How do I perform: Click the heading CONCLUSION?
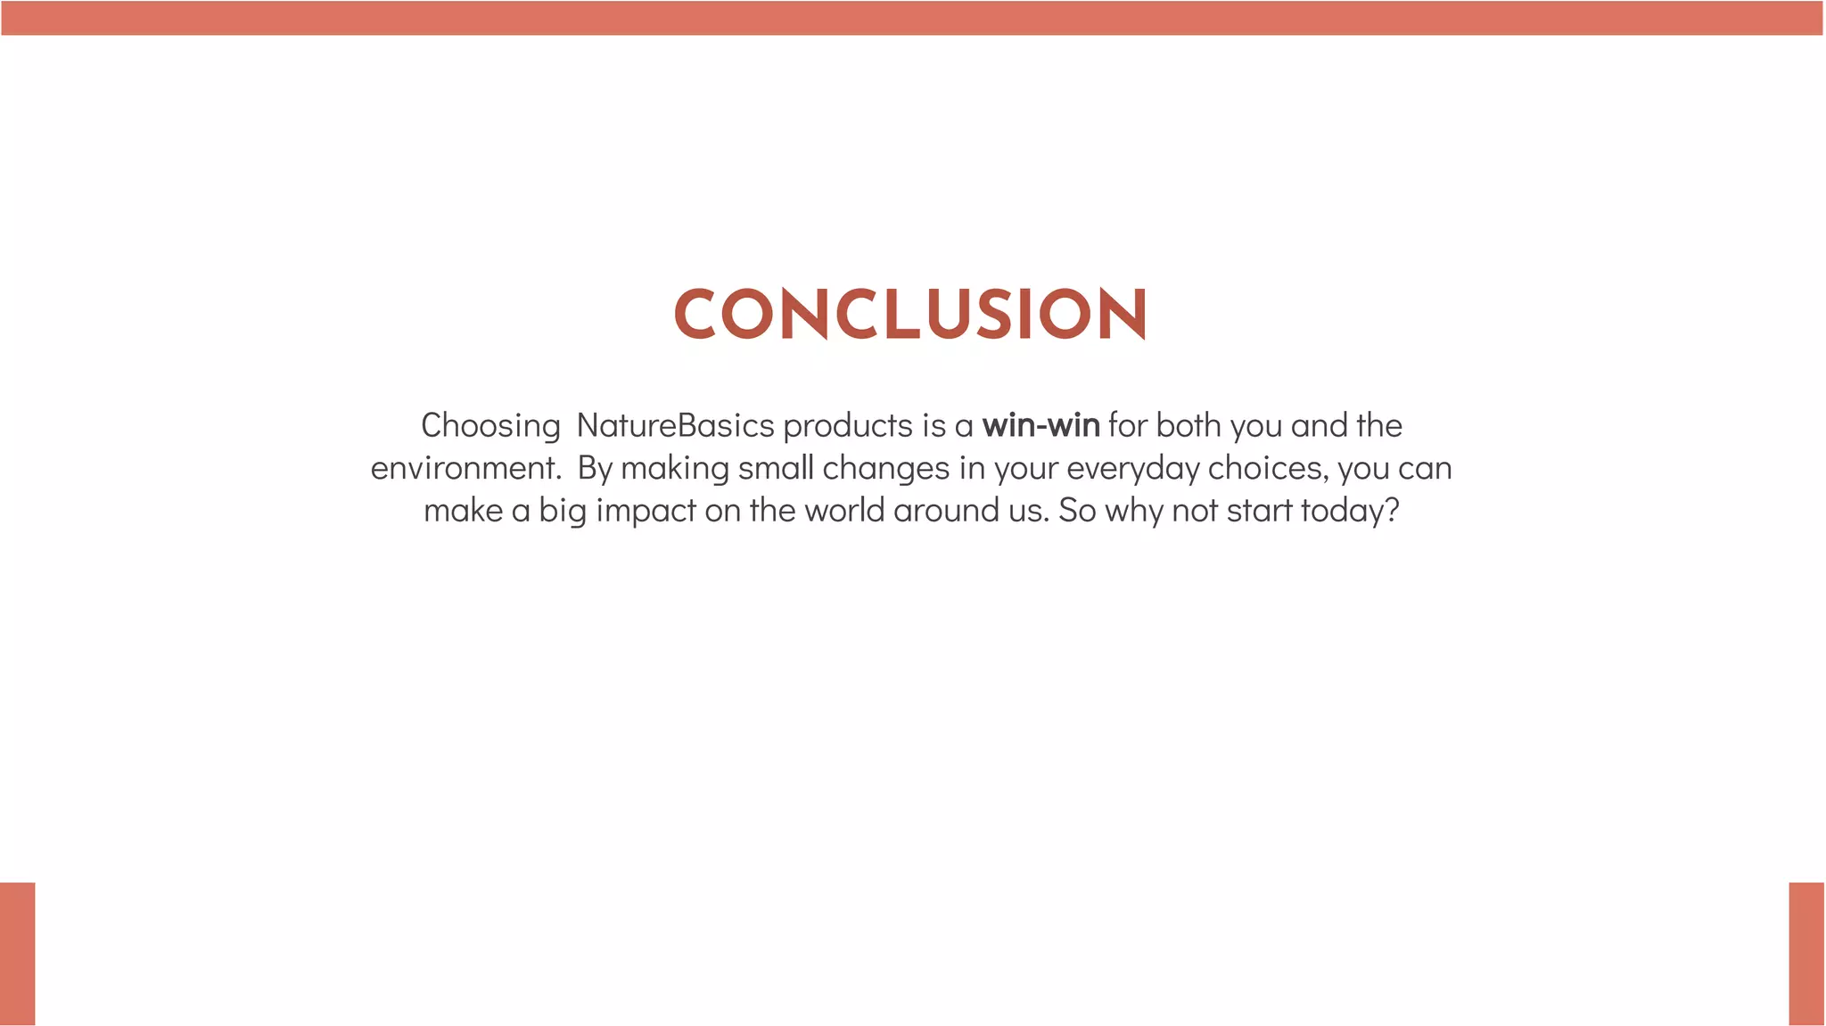[910, 314]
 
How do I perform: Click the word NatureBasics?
[675, 426]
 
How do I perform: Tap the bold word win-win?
[1040, 426]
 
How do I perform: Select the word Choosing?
[489, 427]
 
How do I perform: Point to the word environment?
[465, 469]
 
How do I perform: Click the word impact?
[645, 511]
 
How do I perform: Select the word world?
[843, 511]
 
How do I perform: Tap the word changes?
[885, 469]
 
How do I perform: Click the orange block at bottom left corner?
[17, 953]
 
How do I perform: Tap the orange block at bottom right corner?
[1806, 953]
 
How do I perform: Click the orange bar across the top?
[912, 18]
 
